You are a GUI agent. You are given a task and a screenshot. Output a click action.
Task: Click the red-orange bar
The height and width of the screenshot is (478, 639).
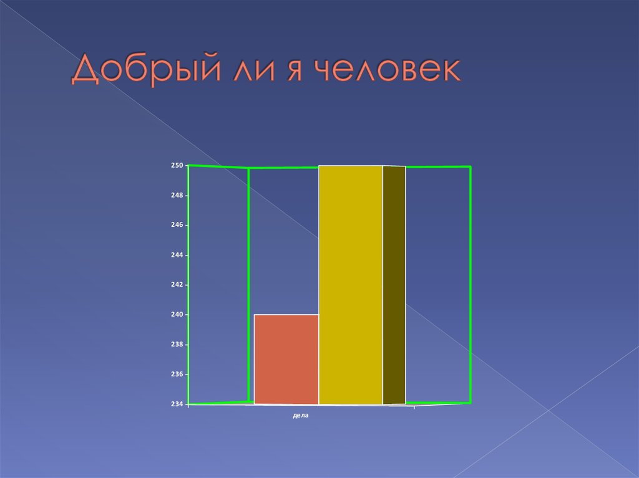(286, 360)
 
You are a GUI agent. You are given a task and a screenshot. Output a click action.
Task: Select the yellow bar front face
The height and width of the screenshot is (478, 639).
(351, 285)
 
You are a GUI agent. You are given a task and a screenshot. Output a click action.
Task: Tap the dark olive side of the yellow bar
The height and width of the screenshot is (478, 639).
(394, 285)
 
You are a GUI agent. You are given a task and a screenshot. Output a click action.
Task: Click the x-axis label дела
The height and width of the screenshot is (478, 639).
(301, 414)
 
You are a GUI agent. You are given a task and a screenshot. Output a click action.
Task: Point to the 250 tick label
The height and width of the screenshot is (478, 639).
(177, 165)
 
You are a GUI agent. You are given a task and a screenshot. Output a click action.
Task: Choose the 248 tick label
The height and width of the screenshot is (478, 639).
(177, 195)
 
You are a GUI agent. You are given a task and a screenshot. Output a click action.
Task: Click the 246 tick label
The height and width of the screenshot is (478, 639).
(177, 225)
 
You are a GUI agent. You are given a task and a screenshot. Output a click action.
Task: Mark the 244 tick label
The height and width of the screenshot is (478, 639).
(177, 255)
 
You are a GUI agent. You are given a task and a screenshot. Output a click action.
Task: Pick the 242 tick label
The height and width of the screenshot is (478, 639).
(177, 285)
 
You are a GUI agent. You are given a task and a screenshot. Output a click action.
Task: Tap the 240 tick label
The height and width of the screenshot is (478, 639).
(177, 315)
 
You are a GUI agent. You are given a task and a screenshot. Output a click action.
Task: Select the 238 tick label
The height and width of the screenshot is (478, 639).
(177, 345)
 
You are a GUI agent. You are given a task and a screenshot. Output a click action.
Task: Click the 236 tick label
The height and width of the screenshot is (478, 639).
(177, 375)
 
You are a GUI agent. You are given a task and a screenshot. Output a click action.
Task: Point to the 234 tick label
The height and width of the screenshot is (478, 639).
(177, 404)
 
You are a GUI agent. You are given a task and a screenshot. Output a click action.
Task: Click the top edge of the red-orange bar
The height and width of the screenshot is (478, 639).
(286, 315)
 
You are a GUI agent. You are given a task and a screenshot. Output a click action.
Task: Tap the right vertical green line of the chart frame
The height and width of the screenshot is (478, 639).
(470, 285)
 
